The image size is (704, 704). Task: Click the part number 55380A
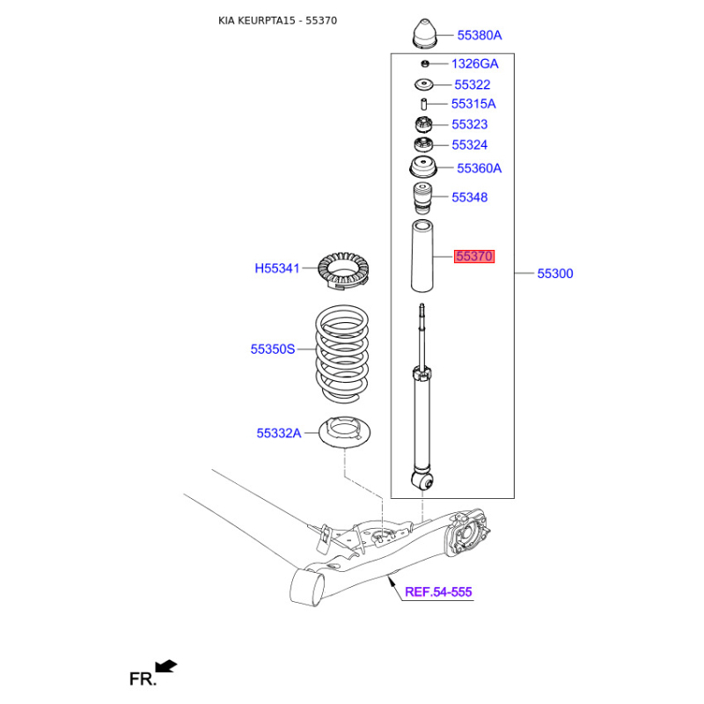click(x=479, y=35)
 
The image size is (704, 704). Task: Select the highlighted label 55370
click(x=474, y=256)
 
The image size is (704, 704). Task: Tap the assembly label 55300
click(x=555, y=274)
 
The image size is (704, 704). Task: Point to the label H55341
click(x=277, y=268)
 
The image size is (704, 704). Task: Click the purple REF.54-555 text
click(x=438, y=591)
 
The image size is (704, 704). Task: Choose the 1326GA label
click(x=474, y=63)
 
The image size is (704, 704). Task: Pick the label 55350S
click(x=273, y=348)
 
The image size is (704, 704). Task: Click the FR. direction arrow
click(x=166, y=666)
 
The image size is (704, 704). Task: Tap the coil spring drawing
click(x=342, y=355)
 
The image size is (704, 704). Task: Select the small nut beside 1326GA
click(x=425, y=63)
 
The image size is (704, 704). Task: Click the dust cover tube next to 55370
click(x=422, y=256)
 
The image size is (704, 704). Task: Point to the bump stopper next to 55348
click(x=422, y=199)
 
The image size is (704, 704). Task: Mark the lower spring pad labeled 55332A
click(x=344, y=432)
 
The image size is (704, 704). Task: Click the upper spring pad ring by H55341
click(x=343, y=271)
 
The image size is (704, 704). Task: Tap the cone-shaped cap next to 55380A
click(x=424, y=33)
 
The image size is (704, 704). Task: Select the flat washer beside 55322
click(x=424, y=84)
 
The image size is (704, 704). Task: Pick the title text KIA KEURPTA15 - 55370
click(x=277, y=20)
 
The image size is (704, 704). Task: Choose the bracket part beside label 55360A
click(x=423, y=167)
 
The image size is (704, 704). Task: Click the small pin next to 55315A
click(x=423, y=104)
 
